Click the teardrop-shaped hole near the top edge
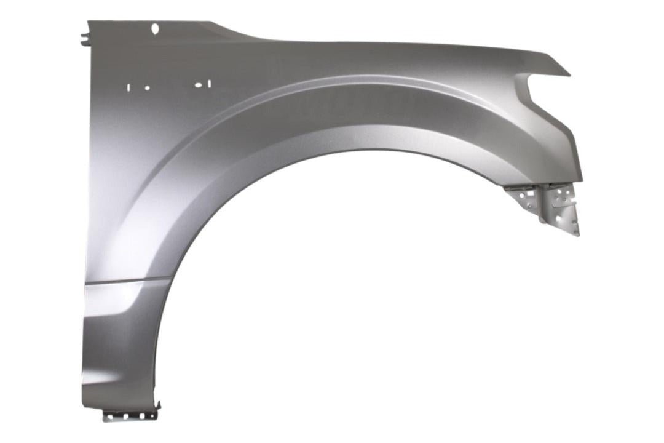(155, 28)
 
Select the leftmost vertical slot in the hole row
(128, 87)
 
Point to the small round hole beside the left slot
(147, 87)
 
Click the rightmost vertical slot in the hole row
(209, 84)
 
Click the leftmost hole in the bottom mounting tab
(110, 417)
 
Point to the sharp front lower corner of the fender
(580, 180)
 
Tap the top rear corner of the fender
(89, 22)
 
